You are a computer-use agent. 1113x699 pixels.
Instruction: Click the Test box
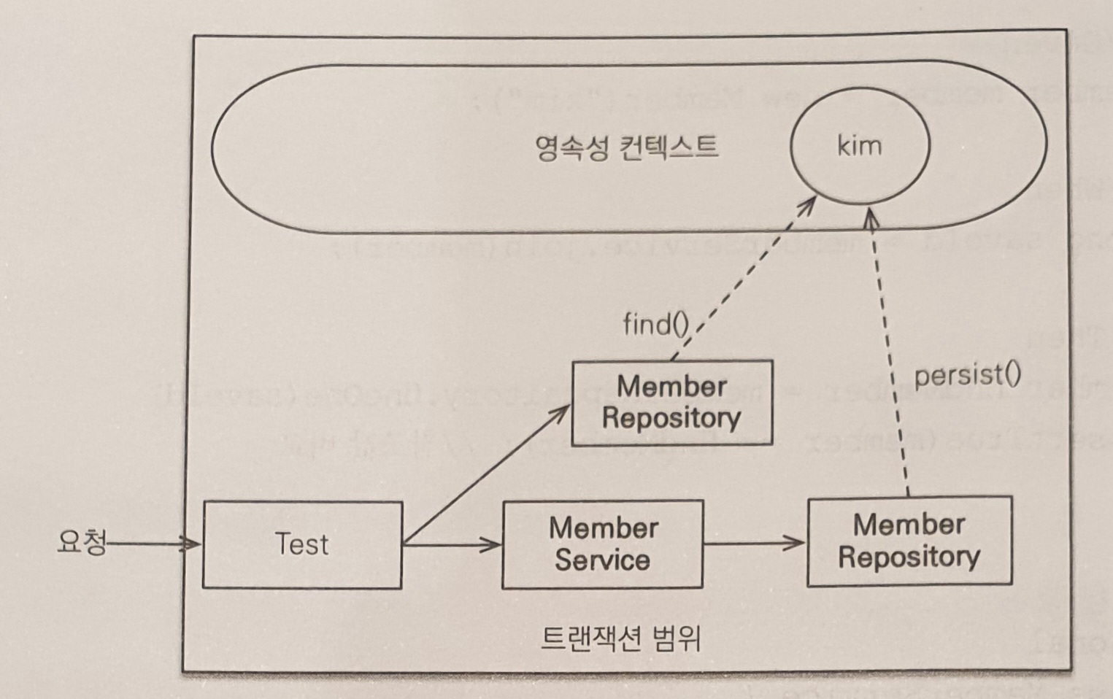(302, 544)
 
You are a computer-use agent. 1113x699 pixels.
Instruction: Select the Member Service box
(603, 544)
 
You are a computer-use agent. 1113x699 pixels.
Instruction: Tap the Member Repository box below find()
(671, 403)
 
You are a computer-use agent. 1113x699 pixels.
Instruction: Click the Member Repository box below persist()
(909, 541)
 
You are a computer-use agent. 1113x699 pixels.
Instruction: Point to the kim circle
(860, 145)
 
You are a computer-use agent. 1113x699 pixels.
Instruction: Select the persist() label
(967, 375)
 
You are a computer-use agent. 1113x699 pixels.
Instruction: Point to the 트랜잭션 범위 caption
(621, 638)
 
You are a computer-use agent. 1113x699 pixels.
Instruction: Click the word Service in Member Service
(602, 560)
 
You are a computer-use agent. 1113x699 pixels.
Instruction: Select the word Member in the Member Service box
(604, 528)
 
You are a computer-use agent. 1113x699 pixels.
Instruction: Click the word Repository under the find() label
(671, 418)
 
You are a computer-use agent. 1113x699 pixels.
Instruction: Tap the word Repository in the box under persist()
(909, 557)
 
